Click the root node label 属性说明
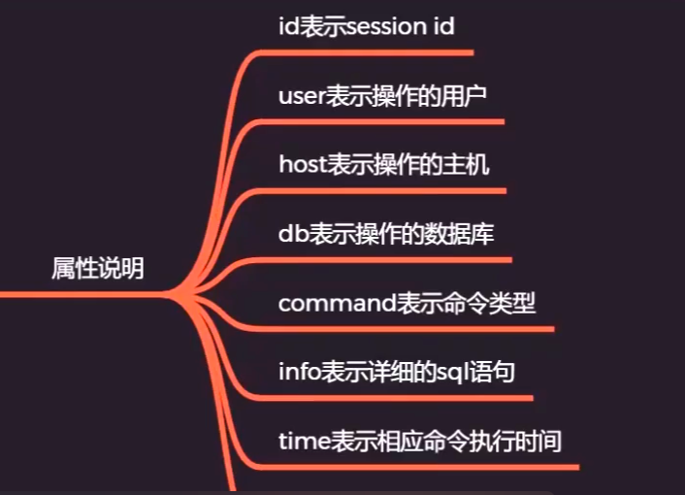[97, 269]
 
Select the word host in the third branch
[300, 164]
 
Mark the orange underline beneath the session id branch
[369, 51]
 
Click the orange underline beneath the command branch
[408, 329]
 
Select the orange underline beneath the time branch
[417, 468]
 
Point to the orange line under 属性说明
[78, 293]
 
